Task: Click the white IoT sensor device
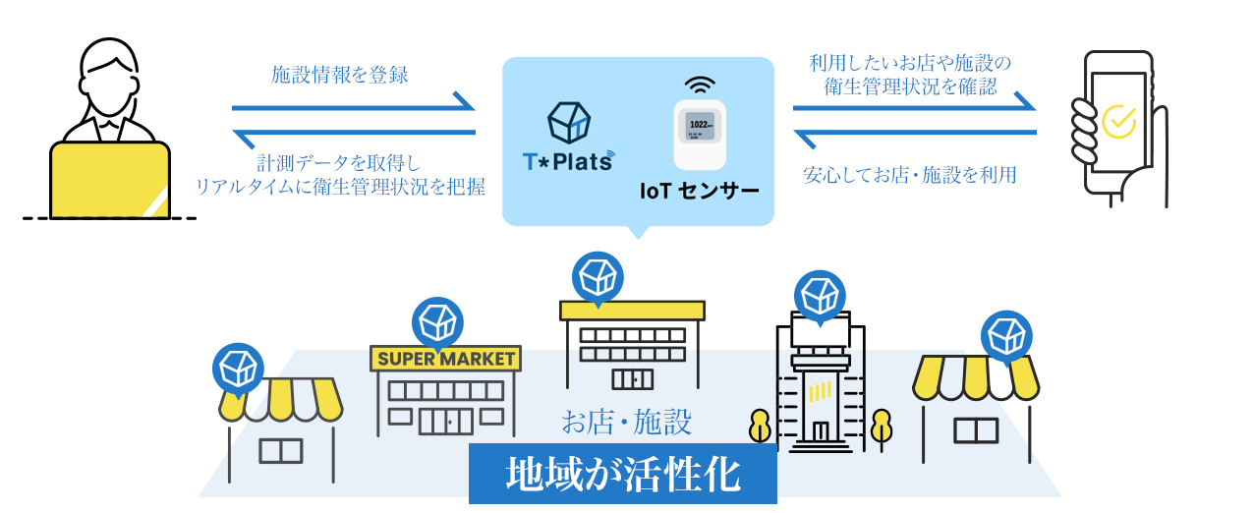699,134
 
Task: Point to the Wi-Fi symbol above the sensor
701,84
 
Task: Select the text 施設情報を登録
339,75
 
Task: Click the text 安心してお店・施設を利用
909,176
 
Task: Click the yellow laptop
110,180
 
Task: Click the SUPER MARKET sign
446,359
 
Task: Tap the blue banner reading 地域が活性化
622,475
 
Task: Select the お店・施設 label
627,423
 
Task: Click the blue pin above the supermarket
437,321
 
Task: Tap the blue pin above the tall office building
820,295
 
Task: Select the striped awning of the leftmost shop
280,399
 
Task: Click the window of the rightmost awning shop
976,429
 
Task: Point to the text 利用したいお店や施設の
909,64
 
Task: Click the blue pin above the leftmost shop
238,368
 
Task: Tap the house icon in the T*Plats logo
568,121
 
